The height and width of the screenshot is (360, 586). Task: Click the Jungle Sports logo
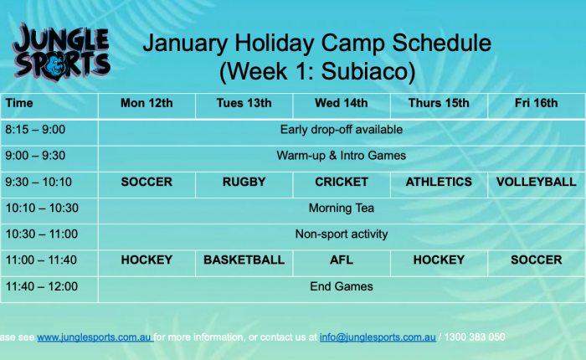[61, 53]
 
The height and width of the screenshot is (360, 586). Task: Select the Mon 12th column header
[146, 103]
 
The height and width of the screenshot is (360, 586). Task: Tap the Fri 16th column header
[536, 103]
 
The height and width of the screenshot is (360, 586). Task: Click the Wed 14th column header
[342, 103]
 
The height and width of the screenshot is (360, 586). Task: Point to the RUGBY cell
[244, 182]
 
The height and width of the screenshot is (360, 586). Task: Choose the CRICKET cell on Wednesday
[342, 182]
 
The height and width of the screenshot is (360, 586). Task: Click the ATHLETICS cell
[439, 182]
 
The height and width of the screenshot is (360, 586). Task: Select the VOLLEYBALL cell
[536, 182]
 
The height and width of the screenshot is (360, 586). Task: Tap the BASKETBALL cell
[244, 260]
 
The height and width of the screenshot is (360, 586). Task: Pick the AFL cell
[342, 260]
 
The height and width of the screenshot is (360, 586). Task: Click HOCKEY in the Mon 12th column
[146, 260]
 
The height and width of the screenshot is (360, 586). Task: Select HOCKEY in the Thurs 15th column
[439, 260]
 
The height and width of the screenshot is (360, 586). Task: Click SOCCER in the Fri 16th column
[536, 260]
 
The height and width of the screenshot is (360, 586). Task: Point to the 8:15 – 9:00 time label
[35, 130]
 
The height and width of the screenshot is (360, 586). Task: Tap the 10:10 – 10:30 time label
[42, 208]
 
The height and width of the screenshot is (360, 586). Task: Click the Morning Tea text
[342, 208]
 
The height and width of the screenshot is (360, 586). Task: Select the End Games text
[342, 286]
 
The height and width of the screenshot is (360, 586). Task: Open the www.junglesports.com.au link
[95, 337]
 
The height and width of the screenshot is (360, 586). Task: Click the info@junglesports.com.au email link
[378, 337]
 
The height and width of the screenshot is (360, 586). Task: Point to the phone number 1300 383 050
[475, 337]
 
